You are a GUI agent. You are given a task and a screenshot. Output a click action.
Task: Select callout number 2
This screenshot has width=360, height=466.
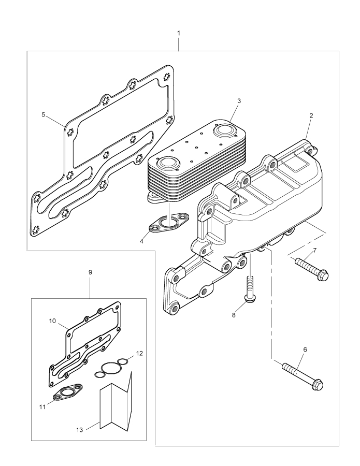pyautogui.click(x=311, y=115)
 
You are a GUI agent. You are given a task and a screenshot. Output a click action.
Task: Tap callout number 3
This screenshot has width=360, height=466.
pyautogui.click(x=239, y=101)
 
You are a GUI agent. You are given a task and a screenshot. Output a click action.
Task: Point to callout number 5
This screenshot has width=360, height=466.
pyautogui.click(x=44, y=114)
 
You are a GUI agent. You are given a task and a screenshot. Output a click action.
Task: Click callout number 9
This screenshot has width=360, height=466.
pyautogui.click(x=90, y=271)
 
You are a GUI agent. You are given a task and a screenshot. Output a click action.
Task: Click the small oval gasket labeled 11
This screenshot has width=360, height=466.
pyautogui.click(x=69, y=392)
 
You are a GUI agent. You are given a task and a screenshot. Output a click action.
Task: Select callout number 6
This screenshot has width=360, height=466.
pyautogui.click(x=305, y=350)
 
